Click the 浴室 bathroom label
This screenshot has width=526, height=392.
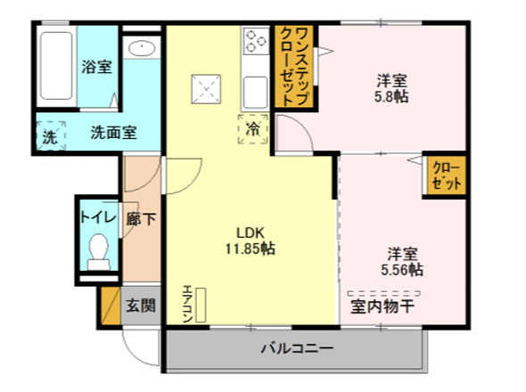(x=95, y=67)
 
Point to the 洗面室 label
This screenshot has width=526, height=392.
(x=113, y=134)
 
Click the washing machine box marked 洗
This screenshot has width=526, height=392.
(x=50, y=137)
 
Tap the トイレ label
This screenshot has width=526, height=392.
(x=95, y=216)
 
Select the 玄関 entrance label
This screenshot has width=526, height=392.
(x=140, y=306)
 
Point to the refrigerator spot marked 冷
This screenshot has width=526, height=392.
(x=253, y=130)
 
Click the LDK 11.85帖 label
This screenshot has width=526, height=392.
(x=250, y=241)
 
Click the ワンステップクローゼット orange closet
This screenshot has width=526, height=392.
(x=295, y=67)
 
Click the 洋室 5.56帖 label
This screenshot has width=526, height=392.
(x=403, y=260)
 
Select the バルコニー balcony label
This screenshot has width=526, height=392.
(x=296, y=348)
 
